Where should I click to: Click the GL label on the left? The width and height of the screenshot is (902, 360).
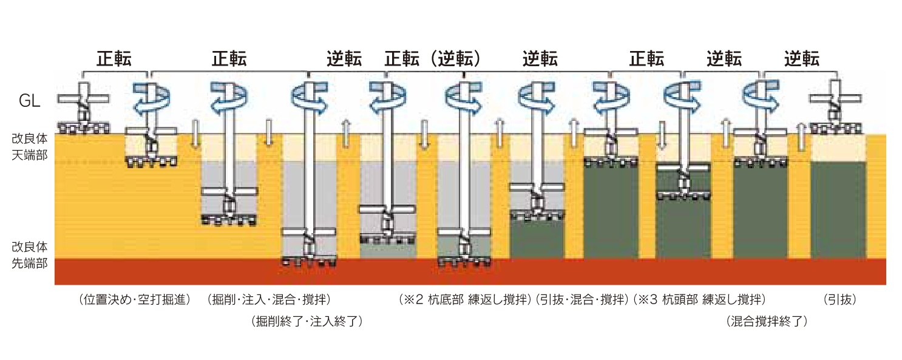(30, 101)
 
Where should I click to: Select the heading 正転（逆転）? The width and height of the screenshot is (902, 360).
(433, 59)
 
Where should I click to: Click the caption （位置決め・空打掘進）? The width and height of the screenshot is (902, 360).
(134, 299)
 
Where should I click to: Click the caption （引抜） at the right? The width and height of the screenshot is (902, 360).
(839, 299)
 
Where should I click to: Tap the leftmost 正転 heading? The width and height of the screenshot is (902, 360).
(114, 59)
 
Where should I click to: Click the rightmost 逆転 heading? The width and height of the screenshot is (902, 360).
(801, 59)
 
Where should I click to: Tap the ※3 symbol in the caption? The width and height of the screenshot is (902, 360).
(648, 299)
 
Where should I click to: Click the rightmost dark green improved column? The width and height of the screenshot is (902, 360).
(838, 209)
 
